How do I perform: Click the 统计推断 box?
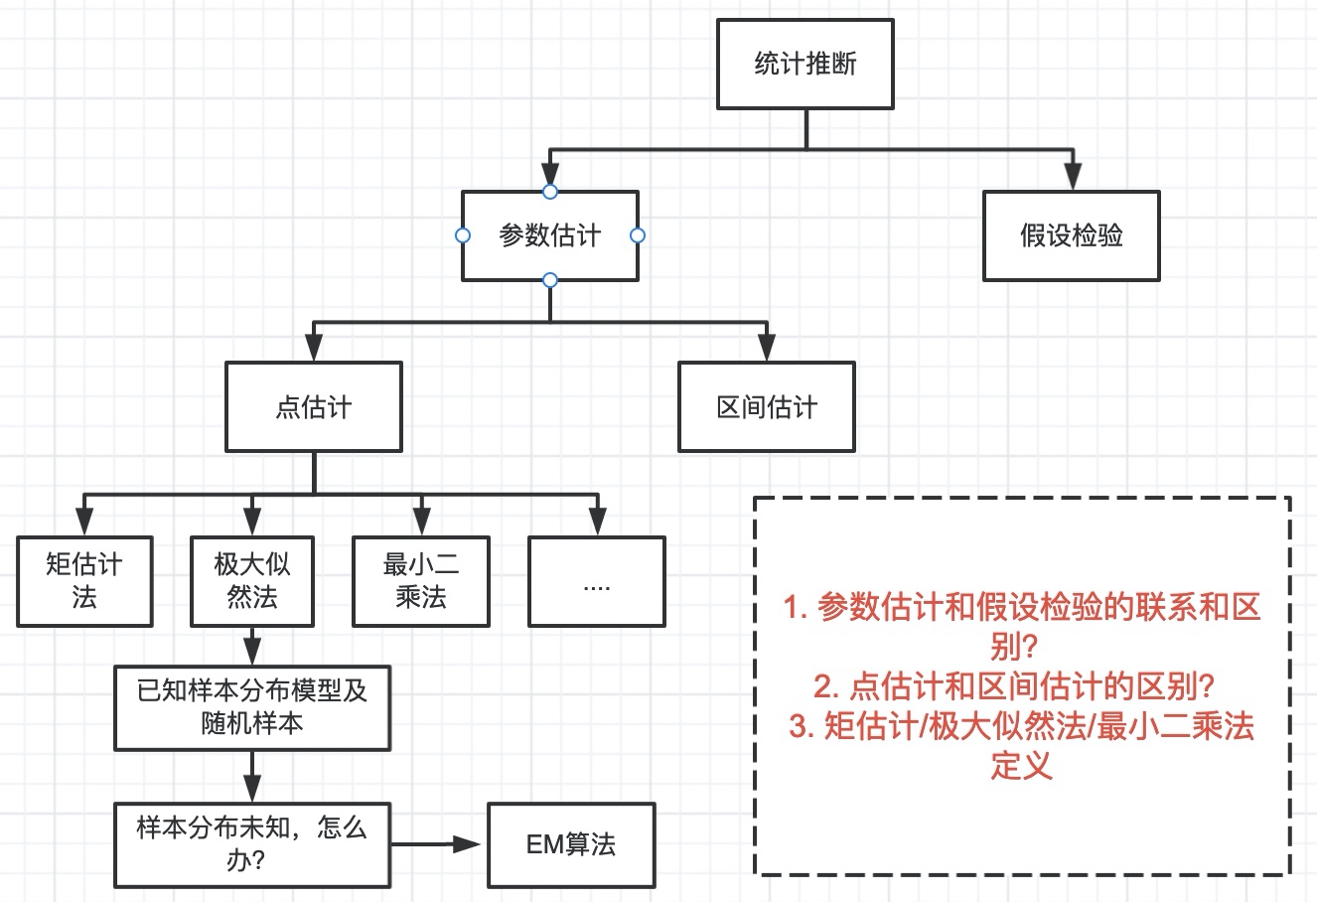click(x=805, y=66)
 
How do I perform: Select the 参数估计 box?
click(x=549, y=236)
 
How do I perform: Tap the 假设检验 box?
click(x=1071, y=236)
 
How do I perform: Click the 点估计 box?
click(x=313, y=407)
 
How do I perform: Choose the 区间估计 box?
click(x=766, y=407)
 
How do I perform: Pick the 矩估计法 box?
click(x=84, y=581)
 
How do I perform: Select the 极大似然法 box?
click(x=252, y=581)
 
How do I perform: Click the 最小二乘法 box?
click(x=421, y=581)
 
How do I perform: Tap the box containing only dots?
click(x=596, y=581)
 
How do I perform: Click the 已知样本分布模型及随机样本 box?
click(x=252, y=707)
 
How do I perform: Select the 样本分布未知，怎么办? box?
click(x=252, y=843)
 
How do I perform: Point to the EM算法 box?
click(x=571, y=844)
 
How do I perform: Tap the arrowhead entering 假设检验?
click(x=1071, y=177)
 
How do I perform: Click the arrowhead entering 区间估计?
click(x=766, y=348)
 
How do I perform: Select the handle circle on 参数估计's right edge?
click(x=638, y=235)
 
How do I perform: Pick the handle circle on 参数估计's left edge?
click(x=462, y=235)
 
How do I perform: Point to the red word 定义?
click(x=1021, y=766)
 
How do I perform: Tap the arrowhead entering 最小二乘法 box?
click(x=421, y=522)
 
